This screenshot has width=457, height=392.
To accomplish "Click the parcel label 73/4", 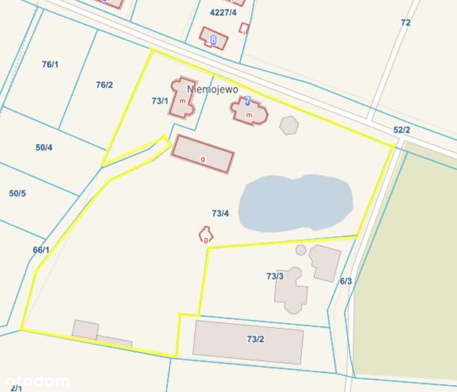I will point(220,213).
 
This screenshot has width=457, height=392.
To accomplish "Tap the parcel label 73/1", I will point(160,101).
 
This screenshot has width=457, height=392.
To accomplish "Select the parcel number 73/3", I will point(275,276).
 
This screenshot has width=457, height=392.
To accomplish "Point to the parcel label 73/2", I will point(255,339).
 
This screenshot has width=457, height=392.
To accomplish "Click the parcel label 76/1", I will point(50,64).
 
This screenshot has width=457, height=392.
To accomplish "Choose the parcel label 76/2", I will point(104,85).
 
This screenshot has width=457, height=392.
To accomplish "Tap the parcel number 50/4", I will point(44,147).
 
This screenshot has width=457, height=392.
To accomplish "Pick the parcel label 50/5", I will point(18,193).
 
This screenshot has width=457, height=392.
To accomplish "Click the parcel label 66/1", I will point(41,250).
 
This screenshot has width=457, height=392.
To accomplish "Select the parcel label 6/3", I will point(346,281).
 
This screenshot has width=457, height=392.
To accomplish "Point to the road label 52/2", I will point(402,129).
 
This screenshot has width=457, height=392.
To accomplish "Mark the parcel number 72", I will point(405,23).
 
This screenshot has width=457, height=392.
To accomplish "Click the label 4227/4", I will point(223,12).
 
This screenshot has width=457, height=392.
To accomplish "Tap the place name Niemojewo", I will point(212,89).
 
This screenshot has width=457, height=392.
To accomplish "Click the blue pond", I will point(295,203).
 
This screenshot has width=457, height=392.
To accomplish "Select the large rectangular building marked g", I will point(203,154).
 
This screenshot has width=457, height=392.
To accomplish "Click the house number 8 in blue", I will point(213,40).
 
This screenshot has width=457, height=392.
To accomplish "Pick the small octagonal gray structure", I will point(289,125).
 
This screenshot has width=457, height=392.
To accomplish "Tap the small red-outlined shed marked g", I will point(205,235).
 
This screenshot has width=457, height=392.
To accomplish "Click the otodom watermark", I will point(37,381).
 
